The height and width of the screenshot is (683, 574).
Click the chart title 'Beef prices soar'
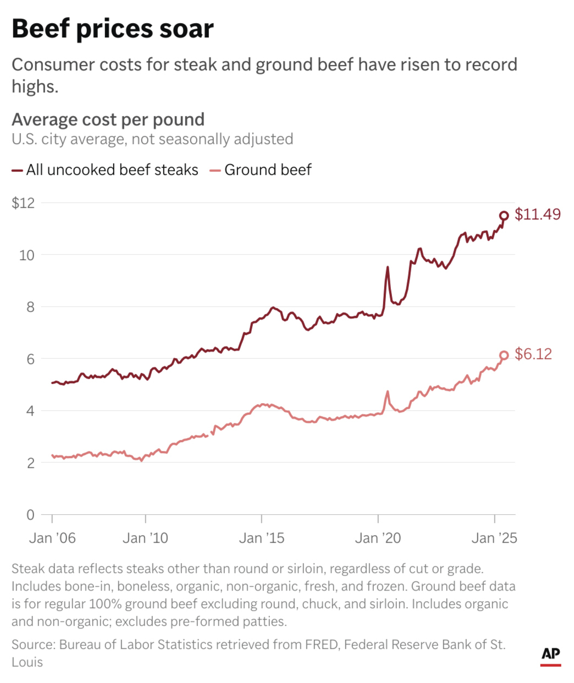(x=113, y=29)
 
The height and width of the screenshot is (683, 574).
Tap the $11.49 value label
(x=537, y=214)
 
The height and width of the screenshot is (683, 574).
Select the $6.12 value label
(x=533, y=354)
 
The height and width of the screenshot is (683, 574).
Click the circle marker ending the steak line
(x=504, y=216)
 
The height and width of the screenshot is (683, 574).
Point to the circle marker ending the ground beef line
(x=504, y=355)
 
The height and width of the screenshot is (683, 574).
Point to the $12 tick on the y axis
(x=23, y=203)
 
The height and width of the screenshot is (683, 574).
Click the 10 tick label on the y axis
(x=26, y=255)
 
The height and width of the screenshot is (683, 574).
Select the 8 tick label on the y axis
(x=30, y=307)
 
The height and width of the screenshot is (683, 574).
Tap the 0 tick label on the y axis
(x=30, y=515)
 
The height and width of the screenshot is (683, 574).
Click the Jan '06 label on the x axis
(x=52, y=538)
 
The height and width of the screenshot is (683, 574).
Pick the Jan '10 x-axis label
(x=145, y=538)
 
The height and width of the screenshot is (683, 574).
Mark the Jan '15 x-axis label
(x=262, y=538)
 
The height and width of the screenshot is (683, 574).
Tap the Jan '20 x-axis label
(x=378, y=538)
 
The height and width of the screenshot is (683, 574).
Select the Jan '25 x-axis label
(x=494, y=538)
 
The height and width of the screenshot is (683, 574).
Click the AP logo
(x=550, y=654)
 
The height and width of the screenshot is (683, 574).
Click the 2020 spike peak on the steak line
(x=388, y=267)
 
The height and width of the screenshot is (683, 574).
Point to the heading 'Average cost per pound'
(x=108, y=119)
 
